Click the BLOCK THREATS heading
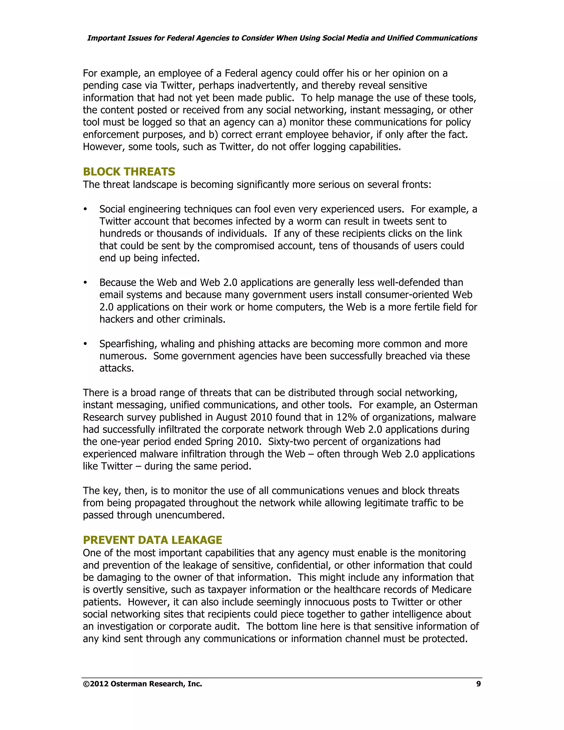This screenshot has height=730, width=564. click(129, 172)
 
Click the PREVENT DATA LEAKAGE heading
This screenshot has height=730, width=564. click(152, 540)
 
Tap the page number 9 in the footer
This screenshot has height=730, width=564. click(478, 684)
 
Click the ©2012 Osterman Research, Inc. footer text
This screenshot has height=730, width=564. click(142, 684)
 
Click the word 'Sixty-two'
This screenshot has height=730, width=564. click(290, 442)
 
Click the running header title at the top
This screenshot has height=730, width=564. click(282, 38)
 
